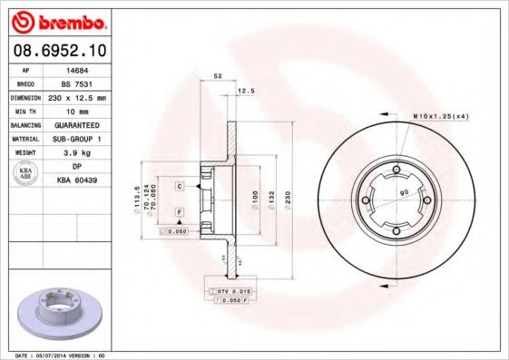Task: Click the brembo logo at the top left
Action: tap(57, 20)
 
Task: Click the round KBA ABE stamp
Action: tap(25, 174)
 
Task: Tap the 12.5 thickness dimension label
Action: tap(245, 91)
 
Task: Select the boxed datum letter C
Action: tap(181, 186)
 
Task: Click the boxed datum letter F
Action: tap(181, 211)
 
